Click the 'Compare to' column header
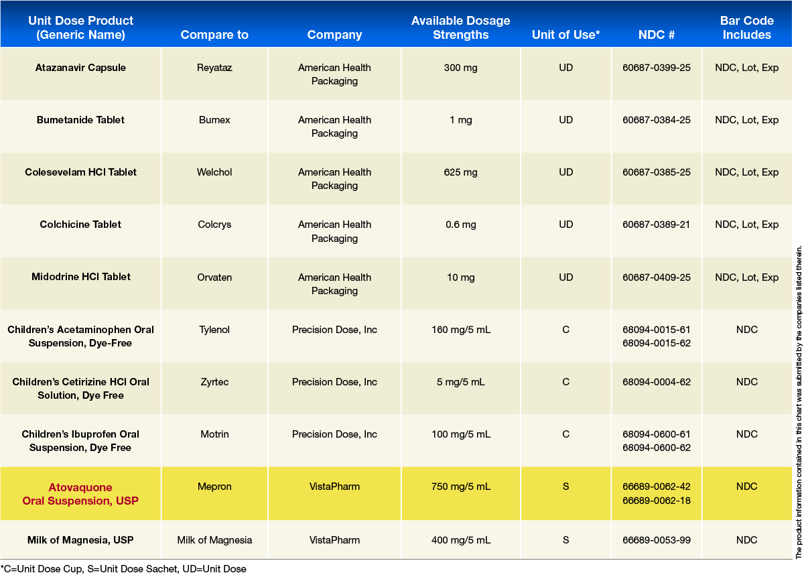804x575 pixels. click(x=214, y=35)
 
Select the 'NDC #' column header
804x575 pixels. click(x=657, y=35)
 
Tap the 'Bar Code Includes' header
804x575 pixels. click(x=746, y=28)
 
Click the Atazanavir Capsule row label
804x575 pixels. click(x=80, y=68)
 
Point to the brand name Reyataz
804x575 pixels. click(x=214, y=68)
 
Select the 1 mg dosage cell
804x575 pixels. click(x=460, y=120)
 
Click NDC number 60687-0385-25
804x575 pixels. click(x=657, y=172)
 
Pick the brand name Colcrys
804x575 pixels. click(x=214, y=225)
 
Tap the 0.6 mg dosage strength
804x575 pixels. click(x=460, y=225)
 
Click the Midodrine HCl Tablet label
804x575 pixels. click(x=81, y=277)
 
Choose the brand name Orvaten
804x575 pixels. click(x=214, y=277)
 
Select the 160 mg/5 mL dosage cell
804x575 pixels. click(x=460, y=330)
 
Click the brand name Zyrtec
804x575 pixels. click(x=214, y=382)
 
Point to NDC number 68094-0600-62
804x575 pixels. click(x=657, y=448)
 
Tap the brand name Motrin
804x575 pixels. click(x=214, y=434)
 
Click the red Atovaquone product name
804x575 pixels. click(x=80, y=494)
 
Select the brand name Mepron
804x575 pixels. click(x=214, y=487)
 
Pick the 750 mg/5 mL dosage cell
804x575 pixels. click(x=460, y=487)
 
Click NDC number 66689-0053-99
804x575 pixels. click(x=657, y=540)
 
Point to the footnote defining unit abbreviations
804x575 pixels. click(x=124, y=569)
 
